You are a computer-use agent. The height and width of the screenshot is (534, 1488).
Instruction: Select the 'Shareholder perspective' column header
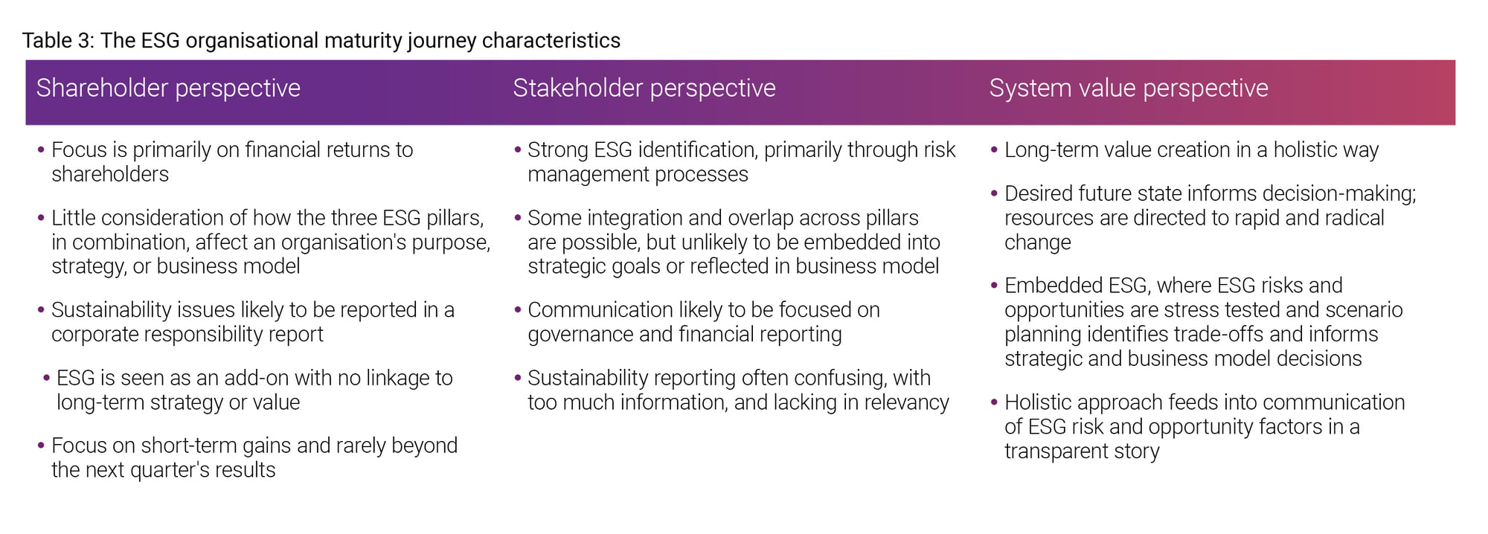[168, 88]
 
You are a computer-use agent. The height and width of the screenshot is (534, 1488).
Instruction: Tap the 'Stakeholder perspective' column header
[644, 88]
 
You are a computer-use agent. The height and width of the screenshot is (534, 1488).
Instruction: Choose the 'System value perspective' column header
[1129, 88]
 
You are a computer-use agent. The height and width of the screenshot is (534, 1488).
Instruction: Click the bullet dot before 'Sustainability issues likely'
[41, 310]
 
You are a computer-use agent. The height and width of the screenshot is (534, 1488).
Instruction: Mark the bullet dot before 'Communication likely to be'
[518, 310]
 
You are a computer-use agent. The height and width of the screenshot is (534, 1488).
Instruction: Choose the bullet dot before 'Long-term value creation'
[994, 150]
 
